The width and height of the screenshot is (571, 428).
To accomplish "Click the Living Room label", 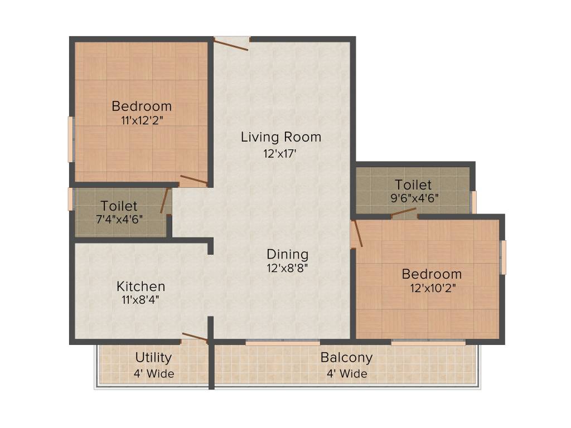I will pos(281,137).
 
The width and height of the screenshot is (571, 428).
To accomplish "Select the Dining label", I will pos(287,255).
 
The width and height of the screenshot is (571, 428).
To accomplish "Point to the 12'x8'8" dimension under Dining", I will pos(287,268).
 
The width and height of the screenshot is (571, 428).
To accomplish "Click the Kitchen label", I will pos(141,286).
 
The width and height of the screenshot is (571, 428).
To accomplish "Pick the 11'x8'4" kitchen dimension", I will pos(141,300).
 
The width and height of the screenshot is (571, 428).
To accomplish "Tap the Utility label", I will pos(153,358).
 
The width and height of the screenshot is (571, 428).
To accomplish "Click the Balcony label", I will pos(346,357).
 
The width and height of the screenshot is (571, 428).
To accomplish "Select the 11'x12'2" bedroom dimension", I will pos(142,119).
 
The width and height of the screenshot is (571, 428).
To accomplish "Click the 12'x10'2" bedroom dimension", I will pos(432,288).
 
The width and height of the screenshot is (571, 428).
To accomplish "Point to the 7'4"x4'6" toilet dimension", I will pos(119,219).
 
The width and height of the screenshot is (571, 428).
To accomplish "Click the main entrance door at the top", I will pos(231,43).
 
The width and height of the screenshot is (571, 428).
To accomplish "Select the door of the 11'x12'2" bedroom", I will pos(193,180).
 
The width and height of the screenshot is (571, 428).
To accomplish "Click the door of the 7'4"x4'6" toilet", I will pos(165,201).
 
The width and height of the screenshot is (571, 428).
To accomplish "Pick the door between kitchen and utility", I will pos(195,337).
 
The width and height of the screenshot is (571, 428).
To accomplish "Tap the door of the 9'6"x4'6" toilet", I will pos(404,212).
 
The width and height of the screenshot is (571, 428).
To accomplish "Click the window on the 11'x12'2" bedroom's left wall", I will pos(71,139).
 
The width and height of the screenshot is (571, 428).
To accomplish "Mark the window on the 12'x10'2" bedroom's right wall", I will pos(504,257).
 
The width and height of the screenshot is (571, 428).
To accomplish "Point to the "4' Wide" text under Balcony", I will pos(346,373).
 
